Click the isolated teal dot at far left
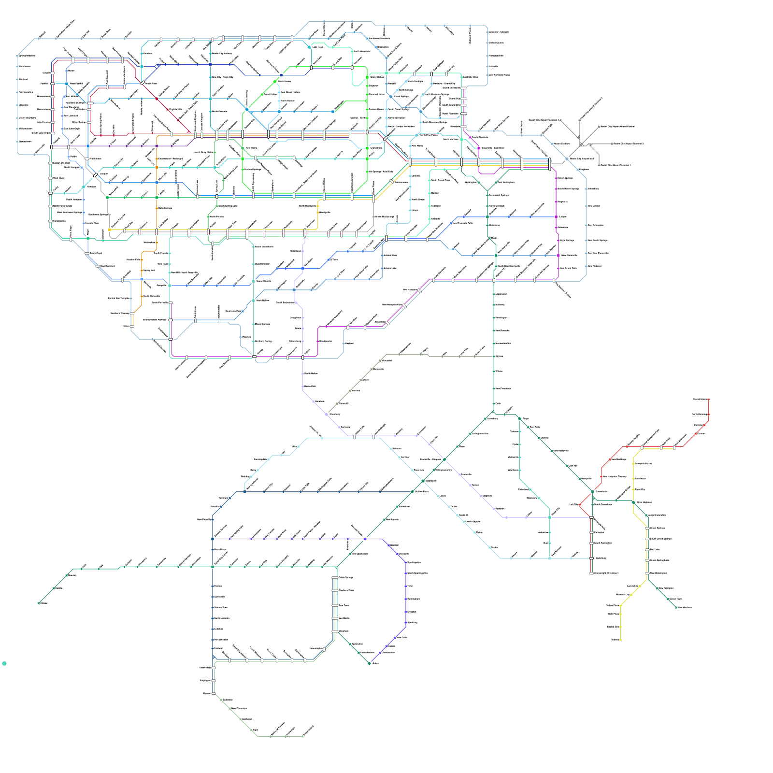point(4,663)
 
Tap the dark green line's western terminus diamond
point(39,603)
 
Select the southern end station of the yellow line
point(620,640)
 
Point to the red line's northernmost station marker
point(709,400)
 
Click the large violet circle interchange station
point(365,539)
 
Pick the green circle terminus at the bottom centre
point(370,663)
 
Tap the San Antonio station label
point(392,519)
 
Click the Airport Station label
point(561,143)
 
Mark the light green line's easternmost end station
point(303,736)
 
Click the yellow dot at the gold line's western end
point(110,230)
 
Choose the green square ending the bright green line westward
point(107,198)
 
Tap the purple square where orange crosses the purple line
point(157,146)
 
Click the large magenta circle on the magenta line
point(558,256)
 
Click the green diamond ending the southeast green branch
point(676,607)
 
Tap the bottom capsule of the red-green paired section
point(591,573)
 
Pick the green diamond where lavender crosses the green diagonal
point(444,459)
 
